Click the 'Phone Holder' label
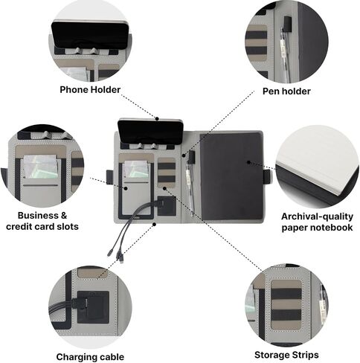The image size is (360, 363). (90, 89)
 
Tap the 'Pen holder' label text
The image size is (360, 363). (286, 91)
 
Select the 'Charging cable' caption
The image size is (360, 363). (90, 357)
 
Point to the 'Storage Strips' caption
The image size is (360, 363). (286, 355)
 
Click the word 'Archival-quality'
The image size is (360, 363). (317, 216)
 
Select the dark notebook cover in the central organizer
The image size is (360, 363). (231, 176)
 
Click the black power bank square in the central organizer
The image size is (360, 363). (167, 206)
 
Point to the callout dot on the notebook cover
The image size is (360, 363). (248, 162)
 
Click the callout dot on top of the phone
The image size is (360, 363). (157, 118)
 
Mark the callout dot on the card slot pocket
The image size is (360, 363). (126, 188)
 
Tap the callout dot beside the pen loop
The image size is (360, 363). (184, 155)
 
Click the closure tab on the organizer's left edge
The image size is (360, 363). (109, 176)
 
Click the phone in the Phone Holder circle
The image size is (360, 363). (90, 34)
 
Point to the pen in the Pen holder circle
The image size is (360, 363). (285, 54)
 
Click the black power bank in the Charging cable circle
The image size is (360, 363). (93, 307)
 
